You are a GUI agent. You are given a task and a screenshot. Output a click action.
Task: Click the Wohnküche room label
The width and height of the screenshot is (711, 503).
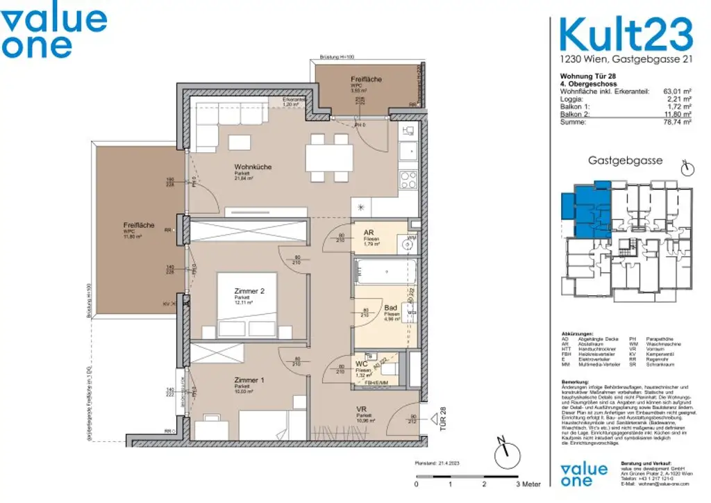253,167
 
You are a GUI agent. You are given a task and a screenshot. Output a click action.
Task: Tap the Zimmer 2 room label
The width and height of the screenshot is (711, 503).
249,292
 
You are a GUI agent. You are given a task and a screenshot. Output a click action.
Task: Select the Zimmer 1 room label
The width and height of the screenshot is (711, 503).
249,380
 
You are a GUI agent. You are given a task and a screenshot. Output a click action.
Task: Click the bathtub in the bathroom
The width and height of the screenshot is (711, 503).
385,270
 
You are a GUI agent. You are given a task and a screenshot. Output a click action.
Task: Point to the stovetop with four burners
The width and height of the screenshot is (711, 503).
408,180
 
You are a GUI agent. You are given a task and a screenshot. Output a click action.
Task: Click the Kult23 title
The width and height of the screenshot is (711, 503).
626,34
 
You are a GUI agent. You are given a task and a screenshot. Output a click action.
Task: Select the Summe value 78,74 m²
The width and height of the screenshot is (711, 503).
677,122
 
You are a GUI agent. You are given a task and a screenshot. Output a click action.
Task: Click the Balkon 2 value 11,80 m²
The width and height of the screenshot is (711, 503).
677,114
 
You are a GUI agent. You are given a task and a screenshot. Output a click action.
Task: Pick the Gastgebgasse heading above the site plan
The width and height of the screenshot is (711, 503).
625,160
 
